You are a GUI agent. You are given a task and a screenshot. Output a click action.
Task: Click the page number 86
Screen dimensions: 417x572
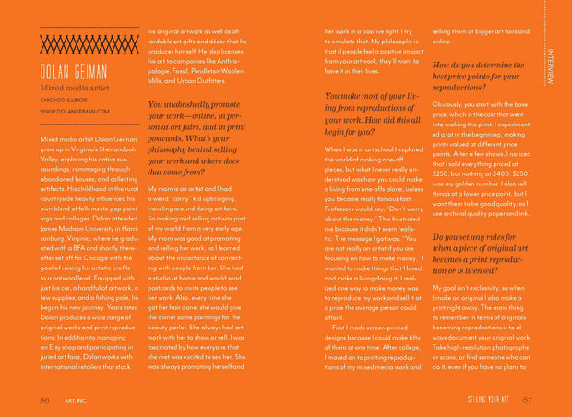click(x=44, y=399)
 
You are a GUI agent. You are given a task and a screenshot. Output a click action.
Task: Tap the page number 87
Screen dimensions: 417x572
click(x=527, y=399)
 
